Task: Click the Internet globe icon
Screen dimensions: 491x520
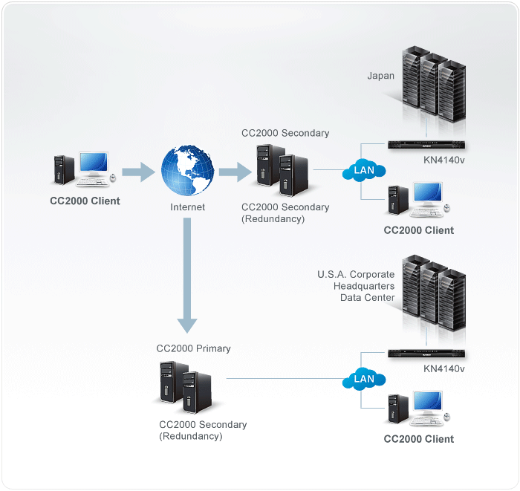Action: click(188, 172)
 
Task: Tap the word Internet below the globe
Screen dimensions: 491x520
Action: click(188, 207)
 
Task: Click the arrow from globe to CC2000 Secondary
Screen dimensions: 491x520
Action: click(235, 173)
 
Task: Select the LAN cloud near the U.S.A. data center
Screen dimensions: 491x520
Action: click(364, 379)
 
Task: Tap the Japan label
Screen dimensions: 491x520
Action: click(381, 76)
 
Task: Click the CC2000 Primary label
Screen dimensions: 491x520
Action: click(193, 348)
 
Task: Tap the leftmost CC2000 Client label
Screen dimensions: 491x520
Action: click(84, 201)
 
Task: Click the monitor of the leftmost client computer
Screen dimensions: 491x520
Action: click(94, 165)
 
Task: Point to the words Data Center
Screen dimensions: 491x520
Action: click(367, 298)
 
